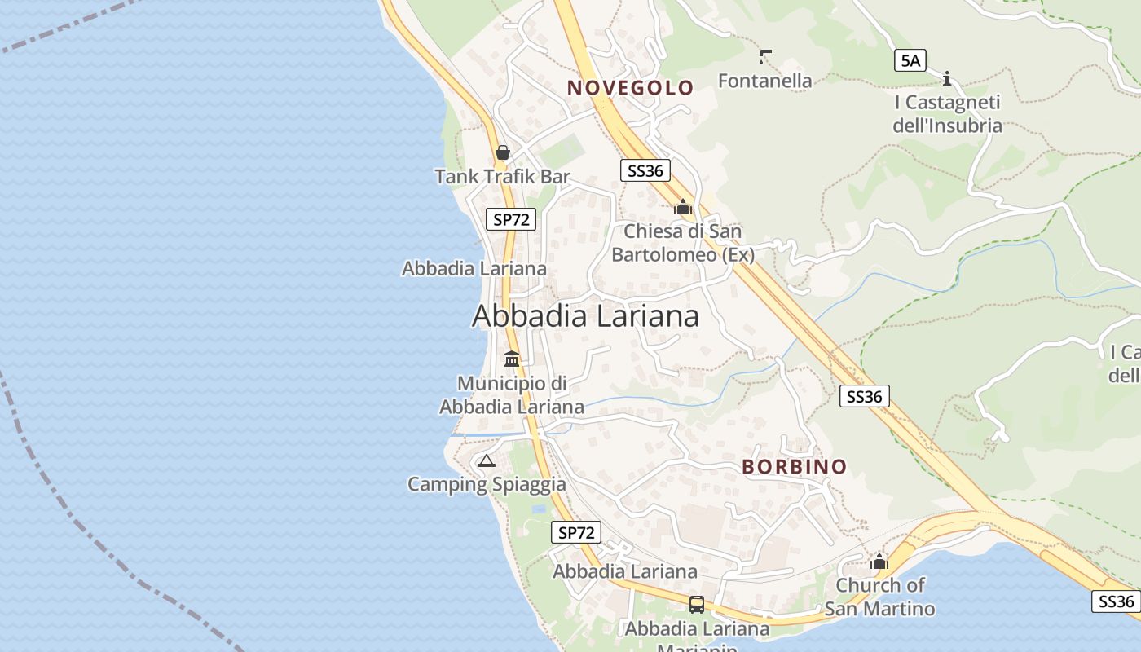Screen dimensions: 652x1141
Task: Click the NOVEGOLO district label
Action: [x=630, y=88]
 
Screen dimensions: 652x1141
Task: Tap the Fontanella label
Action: [x=764, y=80]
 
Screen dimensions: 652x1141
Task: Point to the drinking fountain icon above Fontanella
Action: [x=764, y=56]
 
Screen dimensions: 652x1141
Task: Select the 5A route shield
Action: [x=910, y=59]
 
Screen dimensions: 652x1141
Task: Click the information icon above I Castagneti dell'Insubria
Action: [x=947, y=79]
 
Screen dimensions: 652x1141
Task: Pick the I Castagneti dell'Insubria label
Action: [x=947, y=114]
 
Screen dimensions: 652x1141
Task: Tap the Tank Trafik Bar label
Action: [x=502, y=176]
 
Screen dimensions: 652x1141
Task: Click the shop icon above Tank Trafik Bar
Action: [x=502, y=152]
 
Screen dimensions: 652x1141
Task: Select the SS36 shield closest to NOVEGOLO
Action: [x=645, y=170]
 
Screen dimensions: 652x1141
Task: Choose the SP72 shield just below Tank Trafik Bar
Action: [x=512, y=218]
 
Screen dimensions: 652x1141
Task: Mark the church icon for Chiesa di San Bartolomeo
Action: [x=683, y=208]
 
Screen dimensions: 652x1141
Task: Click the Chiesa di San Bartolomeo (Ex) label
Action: [x=683, y=243]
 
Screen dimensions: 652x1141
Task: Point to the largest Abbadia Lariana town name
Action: [x=585, y=316]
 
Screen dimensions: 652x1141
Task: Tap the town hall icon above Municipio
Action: [x=512, y=359]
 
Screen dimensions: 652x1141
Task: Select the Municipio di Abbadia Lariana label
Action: [x=512, y=394]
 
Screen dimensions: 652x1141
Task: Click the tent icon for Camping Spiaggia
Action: [x=487, y=460]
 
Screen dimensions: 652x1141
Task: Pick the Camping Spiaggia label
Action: [x=487, y=484]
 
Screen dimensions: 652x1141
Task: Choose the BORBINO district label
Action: [x=795, y=467]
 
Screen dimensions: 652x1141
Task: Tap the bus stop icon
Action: [x=696, y=605]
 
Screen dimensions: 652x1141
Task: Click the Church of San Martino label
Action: [x=879, y=597]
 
